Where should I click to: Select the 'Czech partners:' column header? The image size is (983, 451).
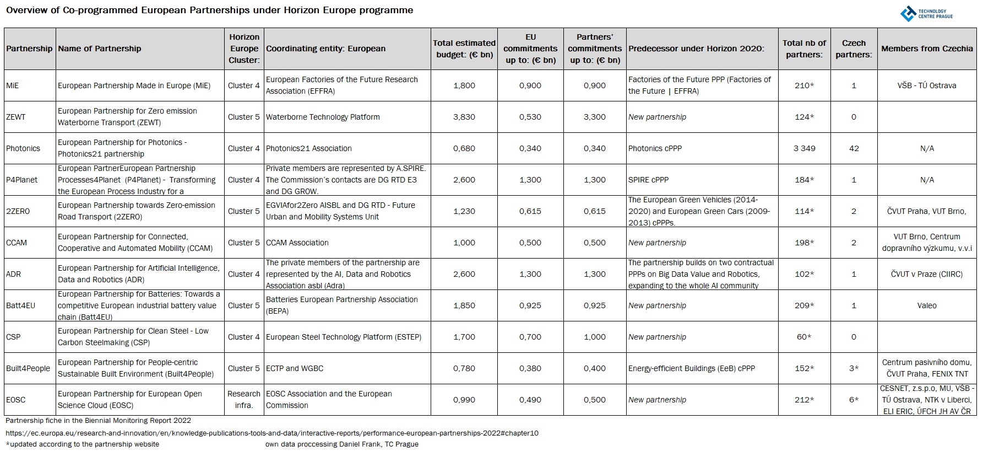coord(854,49)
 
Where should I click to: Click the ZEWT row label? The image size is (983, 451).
coord(16,117)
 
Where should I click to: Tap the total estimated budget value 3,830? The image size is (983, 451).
coord(464,117)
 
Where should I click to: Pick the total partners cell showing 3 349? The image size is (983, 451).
coord(804,148)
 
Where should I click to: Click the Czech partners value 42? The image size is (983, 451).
coord(854,148)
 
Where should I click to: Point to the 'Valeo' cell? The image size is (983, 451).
coord(927,305)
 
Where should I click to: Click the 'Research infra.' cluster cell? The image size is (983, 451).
coord(244,400)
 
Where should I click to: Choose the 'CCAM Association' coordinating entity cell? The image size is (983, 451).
coord(297,243)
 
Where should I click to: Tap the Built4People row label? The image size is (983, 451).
coord(28,368)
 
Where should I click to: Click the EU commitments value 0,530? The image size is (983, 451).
coord(530,117)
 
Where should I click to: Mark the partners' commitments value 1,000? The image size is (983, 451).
coord(595,337)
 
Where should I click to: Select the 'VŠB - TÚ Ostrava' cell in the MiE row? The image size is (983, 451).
coord(927,85)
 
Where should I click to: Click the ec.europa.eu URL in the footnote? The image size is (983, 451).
coord(272,433)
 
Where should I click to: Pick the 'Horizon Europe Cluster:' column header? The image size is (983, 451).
coord(244,49)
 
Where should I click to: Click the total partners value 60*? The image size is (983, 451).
coord(804,337)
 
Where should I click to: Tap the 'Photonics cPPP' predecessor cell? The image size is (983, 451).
coord(655,148)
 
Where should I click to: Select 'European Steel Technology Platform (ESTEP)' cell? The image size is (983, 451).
coord(344,337)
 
